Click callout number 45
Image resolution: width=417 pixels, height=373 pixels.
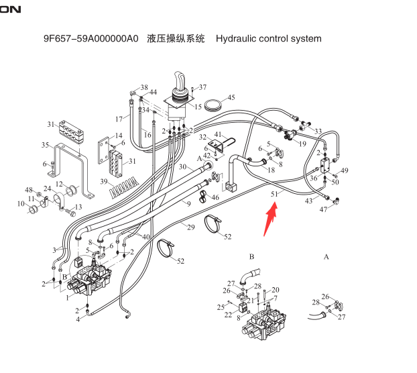[231, 98]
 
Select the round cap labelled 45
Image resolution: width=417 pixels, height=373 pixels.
[213, 105]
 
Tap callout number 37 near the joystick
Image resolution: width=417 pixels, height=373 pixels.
[202, 87]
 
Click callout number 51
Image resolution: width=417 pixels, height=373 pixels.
[274, 195]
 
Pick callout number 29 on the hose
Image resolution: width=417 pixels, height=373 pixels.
[190, 228]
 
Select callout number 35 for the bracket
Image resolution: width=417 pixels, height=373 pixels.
[45, 145]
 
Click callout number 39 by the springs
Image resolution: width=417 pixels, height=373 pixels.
[104, 182]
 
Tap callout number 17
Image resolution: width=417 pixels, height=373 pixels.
[119, 119]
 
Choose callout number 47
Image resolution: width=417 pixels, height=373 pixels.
[324, 210]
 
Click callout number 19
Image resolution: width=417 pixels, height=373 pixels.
[302, 144]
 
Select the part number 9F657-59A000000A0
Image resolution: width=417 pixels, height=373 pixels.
[91, 38]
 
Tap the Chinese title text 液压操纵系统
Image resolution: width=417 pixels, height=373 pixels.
[177, 38]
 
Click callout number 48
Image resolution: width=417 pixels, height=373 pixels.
[29, 190]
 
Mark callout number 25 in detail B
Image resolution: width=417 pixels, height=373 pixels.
[221, 307]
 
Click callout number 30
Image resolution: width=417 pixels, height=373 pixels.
[182, 167]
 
